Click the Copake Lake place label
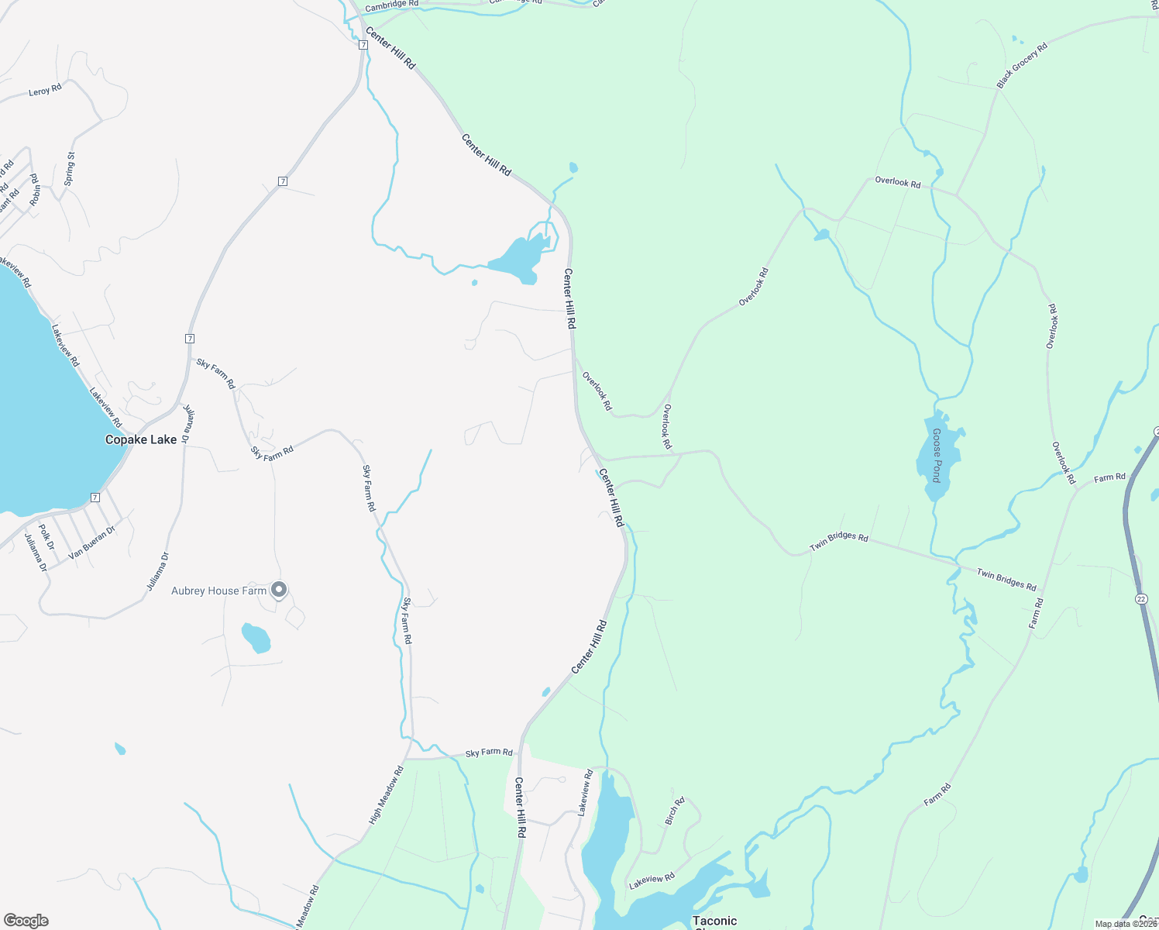pyautogui.click(x=141, y=439)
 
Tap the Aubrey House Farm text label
pyautogui.click(x=218, y=591)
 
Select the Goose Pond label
pyautogui.click(x=937, y=455)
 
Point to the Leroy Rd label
pyautogui.click(x=45, y=91)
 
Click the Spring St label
pyautogui.click(x=70, y=168)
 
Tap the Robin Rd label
pyautogui.click(x=35, y=190)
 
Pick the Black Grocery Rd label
pyautogui.click(x=1022, y=65)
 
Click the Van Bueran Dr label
pyautogui.click(x=91, y=542)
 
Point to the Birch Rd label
pyautogui.click(x=675, y=811)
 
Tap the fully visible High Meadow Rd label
pyautogui.click(x=387, y=795)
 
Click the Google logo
pyautogui.click(x=26, y=921)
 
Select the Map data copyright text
pyautogui.click(x=1125, y=924)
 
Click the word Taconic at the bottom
pyautogui.click(x=714, y=921)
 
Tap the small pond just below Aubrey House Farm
pyautogui.click(x=256, y=638)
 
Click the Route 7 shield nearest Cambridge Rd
pyautogui.click(x=363, y=45)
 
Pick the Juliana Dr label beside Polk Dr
pyautogui.click(x=36, y=553)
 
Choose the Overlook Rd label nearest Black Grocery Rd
pyautogui.click(x=897, y=182)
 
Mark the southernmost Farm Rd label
pyautogui.click(x=937, y=795)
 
